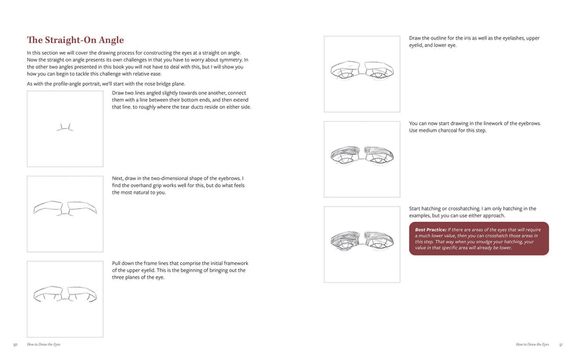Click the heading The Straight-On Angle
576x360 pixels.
[75, 40]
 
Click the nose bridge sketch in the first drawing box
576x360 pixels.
[65, 127]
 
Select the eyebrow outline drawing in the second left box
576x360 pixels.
[65, 207]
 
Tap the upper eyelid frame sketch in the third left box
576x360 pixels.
[65, 294]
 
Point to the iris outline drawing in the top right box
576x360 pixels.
[363, 70]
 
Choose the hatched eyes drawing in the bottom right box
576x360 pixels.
[363, 238]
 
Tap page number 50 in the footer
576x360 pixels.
[15, 344]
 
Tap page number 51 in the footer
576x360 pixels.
[560, 344]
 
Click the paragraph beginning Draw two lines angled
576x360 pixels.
[181, 100]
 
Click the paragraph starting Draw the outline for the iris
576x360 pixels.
[474, 41]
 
